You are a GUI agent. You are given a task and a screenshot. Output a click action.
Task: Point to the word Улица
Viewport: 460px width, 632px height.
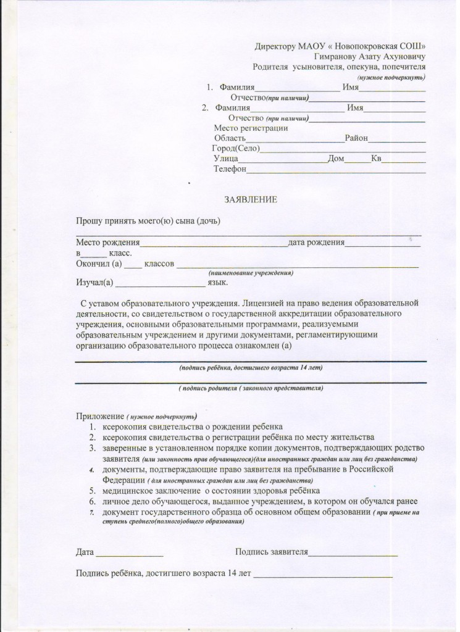tap(226, 159)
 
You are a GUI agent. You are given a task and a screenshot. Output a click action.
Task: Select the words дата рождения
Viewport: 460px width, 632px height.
tap(316, 243)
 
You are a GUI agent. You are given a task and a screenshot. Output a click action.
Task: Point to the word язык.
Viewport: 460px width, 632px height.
tap(218, 283)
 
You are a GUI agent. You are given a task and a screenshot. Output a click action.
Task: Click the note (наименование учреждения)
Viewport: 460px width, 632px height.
tap(251, 273)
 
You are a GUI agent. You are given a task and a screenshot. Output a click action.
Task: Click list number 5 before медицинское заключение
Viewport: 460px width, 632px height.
tap(90, 490)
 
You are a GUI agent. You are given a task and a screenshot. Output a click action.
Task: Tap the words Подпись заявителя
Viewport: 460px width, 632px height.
tap(272, 551)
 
